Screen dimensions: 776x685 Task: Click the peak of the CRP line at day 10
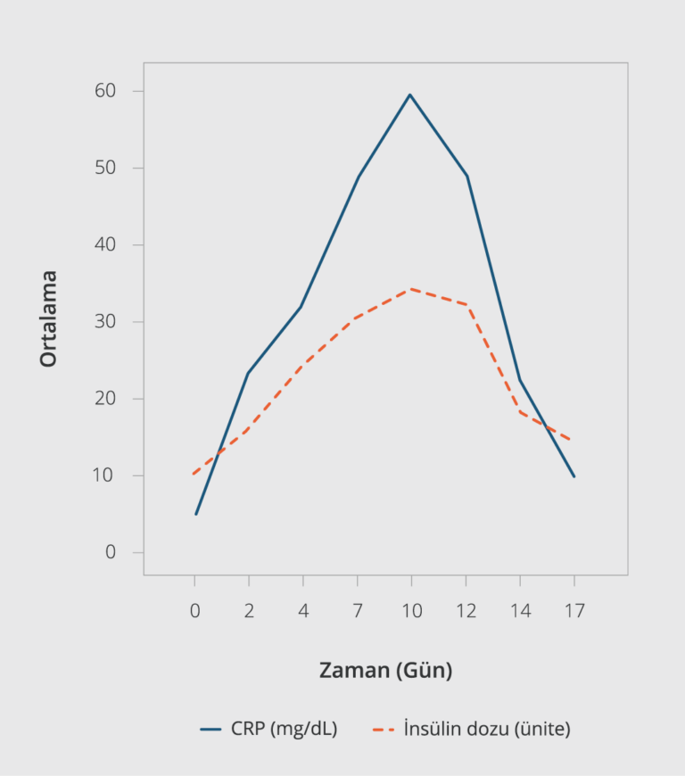pos(410,95)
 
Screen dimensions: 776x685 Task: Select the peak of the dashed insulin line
pos(410,289)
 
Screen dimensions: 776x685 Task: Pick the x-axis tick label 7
pos(358,611)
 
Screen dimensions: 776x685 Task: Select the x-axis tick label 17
pos(574,611)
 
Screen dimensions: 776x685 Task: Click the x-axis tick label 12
pos(466,611)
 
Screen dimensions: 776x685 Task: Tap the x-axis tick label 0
pos(195,611)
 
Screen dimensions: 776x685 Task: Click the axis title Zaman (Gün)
pos(385,671)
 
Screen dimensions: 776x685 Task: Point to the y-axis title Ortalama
pos(48,318)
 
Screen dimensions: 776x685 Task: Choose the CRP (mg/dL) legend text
pos(284,729)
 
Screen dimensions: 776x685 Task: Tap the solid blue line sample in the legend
pos(210,729)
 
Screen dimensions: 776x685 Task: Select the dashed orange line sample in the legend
pos(384,729)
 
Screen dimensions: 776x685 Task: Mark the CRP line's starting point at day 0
pos(195,514)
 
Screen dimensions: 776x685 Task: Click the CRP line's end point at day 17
pos(574,476)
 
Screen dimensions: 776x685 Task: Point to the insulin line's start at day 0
pos(194,473)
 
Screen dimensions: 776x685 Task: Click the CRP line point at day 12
pos(466,176)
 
